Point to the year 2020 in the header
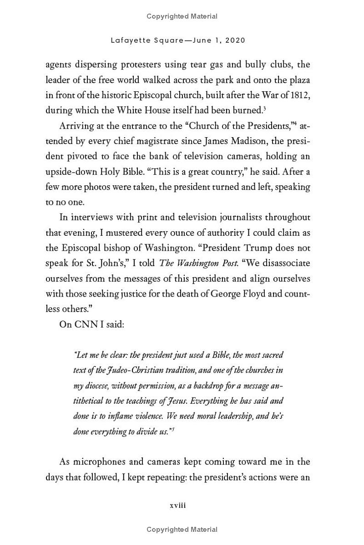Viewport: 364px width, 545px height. coord(235,40)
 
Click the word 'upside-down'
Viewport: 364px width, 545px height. coord(68,171)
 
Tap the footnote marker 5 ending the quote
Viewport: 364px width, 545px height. coord(173,429)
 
